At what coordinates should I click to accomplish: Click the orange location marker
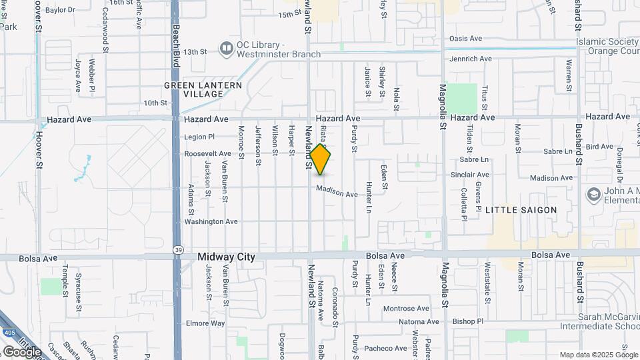[x=321, y=159]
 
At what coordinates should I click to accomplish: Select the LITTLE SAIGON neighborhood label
[x=521, y=210]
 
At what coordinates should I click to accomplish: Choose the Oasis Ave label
[x=465, y=39]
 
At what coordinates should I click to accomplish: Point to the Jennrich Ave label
[x=471, y=59]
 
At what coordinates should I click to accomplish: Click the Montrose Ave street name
[x=405, y=309]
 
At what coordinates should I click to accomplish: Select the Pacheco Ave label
[x=385, y=348]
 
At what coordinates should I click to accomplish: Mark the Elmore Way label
[x=206, y=323]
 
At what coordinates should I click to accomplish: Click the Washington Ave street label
[x=211, y=221]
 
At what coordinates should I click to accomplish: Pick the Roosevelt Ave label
[x=208, y=154]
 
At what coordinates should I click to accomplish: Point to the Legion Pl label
[x=200, y=137]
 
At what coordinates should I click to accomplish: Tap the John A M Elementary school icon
[x=593, y=195]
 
